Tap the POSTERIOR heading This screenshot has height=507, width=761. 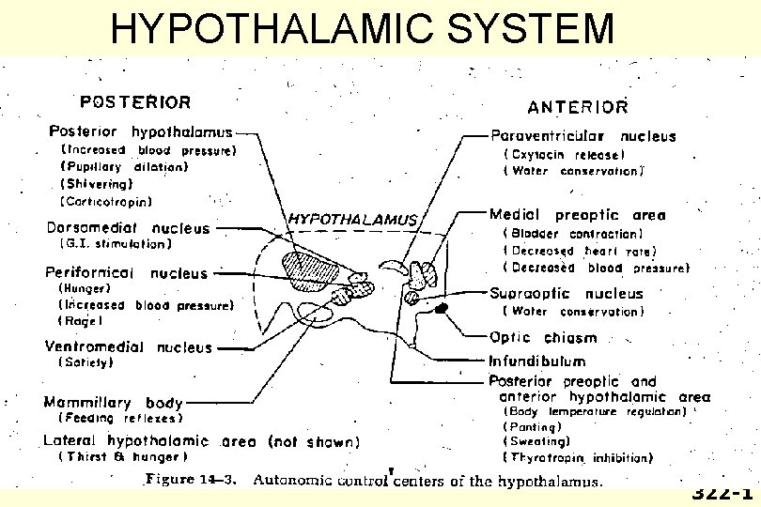click(136, 101)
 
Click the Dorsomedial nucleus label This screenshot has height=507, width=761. click(129, 228)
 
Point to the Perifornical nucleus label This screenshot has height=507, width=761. click(126, 273)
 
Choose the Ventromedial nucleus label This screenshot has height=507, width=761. click(130, 347)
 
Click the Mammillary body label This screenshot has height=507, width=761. click(115, 403)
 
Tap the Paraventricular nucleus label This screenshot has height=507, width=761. click(582, 136)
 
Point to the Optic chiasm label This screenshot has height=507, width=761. click(543, 337)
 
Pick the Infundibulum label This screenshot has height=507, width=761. click(536, 361)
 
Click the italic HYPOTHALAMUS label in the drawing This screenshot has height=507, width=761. click(351, 219)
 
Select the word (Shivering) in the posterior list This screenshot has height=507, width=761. click(97, 184)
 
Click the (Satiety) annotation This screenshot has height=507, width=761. click(86, 361)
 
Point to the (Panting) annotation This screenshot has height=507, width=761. click(533, 426)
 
